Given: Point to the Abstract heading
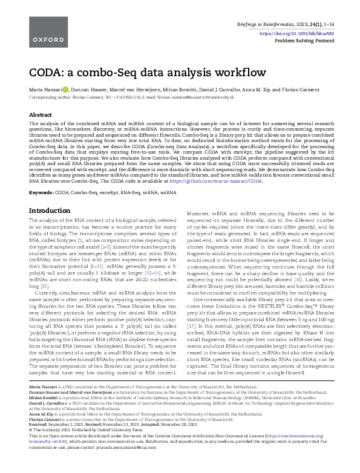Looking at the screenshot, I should pos(41,114).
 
